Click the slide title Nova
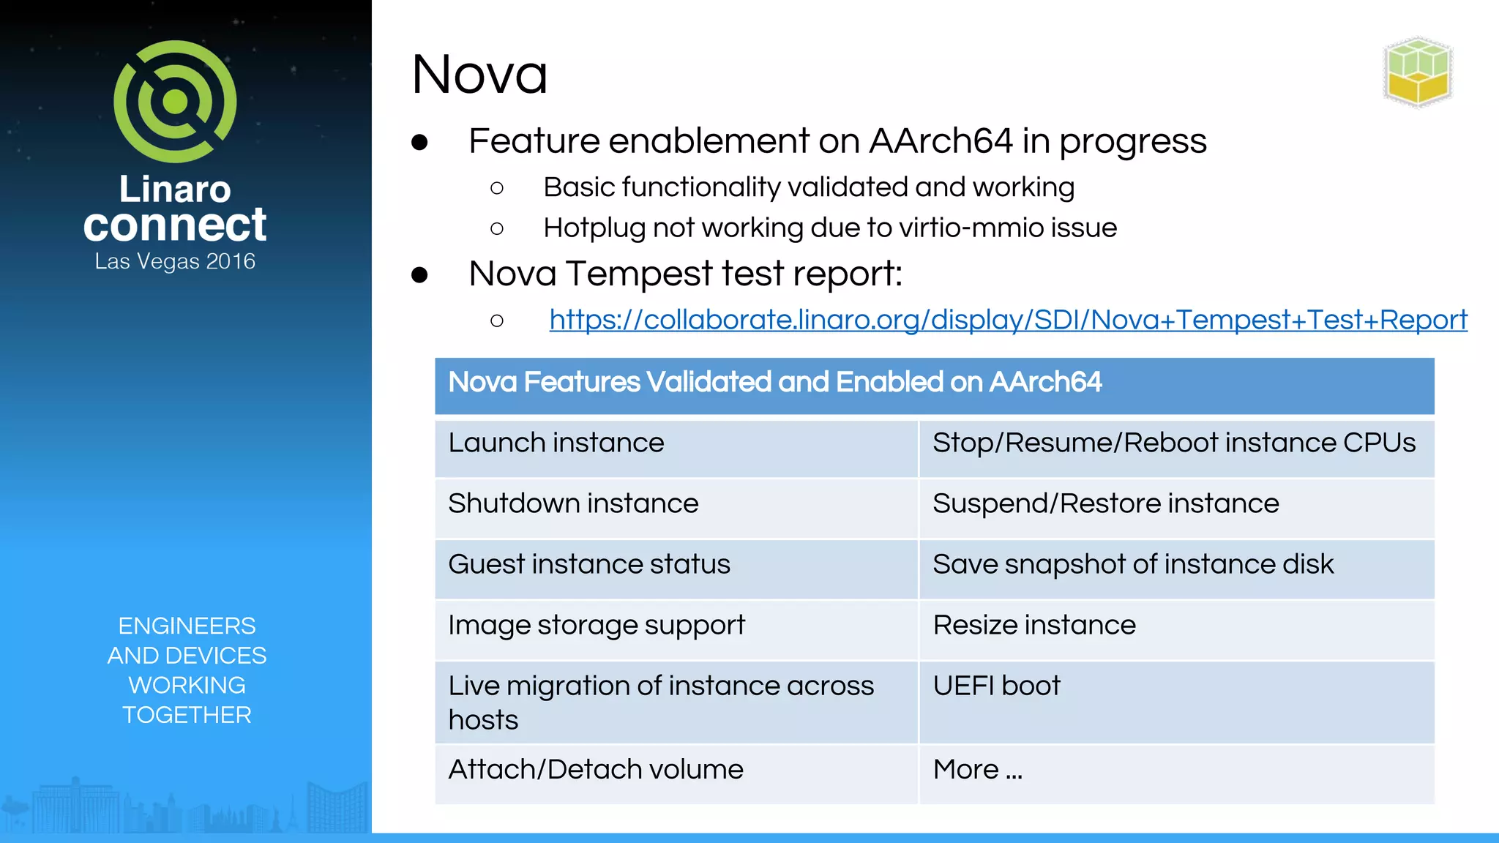click(479, 75)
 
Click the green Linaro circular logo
click(175, 101)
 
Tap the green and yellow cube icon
click(1418, 72)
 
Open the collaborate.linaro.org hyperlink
click(1008, 320)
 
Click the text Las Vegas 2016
click(175, 261)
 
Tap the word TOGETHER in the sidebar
click(187, 715)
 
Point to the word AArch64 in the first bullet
click(941, 141)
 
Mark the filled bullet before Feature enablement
click(419, 142)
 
